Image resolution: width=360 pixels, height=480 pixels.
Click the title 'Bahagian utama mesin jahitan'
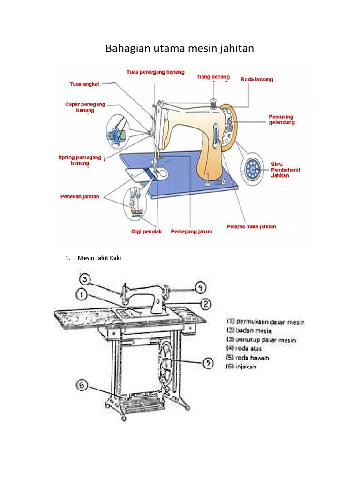180,48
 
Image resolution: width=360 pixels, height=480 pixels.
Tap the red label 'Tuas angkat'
84,84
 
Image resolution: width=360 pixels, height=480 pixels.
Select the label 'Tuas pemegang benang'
155,72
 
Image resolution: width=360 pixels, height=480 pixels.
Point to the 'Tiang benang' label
213,76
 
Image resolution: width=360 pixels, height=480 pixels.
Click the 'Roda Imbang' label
257,79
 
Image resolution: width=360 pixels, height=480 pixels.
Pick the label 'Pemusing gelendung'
281,119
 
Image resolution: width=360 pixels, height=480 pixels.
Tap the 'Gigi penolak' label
146,231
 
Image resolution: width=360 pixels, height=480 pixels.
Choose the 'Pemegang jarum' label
191,231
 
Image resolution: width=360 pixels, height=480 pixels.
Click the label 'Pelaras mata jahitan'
251,226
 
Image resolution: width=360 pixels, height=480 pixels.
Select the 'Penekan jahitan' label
80,196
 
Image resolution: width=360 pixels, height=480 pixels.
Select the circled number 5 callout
208,363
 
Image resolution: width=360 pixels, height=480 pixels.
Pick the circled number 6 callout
82,385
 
